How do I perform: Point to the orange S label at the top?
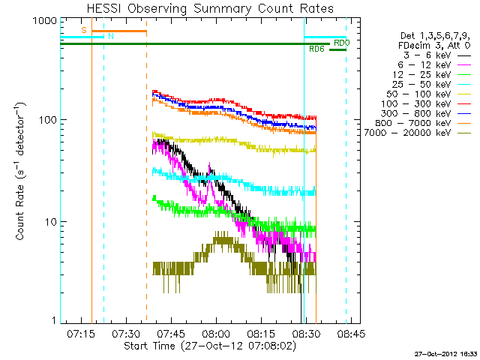click(84, 29)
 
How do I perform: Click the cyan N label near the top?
click(111, 35)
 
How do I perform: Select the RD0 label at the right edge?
click(342, 43)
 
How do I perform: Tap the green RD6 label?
click(316, 49)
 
